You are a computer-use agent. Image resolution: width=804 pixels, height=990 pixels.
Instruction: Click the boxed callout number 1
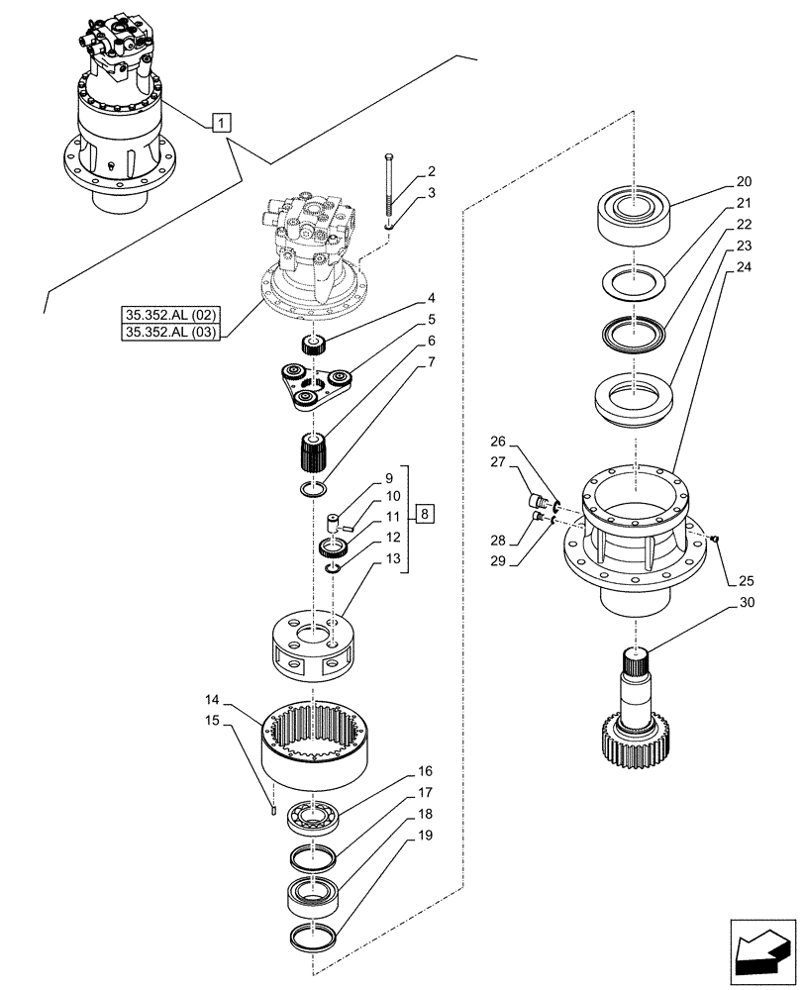coord(222,123)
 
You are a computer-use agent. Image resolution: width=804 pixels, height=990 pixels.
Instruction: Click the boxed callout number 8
coord(424,515)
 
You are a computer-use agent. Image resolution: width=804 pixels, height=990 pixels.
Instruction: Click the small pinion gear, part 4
coord(314,346)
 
